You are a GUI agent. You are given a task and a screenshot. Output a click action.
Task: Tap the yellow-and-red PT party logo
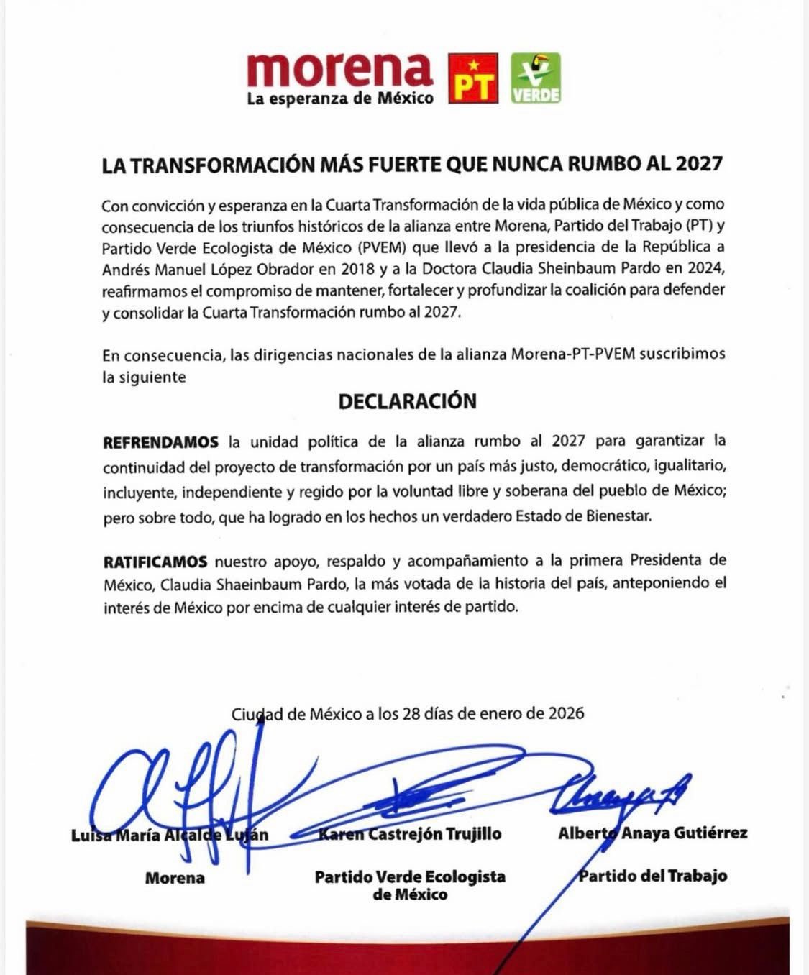pos(472,78)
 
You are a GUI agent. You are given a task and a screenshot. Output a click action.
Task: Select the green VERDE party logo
pos(536,78)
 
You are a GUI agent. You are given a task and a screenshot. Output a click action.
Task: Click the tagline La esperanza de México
pos(340,99)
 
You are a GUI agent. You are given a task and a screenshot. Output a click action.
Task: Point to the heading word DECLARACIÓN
pos(407,401)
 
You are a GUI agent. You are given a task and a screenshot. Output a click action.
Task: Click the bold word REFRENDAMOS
pos(160,441)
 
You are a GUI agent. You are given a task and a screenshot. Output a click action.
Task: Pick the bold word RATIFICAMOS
pos(155,561)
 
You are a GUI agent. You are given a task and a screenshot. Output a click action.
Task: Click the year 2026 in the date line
pos(566,713)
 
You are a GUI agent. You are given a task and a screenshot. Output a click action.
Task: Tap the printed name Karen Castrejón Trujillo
pos(410,833)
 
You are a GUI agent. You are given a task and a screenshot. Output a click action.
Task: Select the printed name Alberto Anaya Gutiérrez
pos(652,833)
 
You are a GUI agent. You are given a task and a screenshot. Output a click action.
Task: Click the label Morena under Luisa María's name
pos(175,877)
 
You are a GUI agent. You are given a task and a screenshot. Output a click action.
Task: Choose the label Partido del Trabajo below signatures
pos(653,876)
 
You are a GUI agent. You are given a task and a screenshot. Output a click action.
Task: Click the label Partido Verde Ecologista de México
pos(410,885)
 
